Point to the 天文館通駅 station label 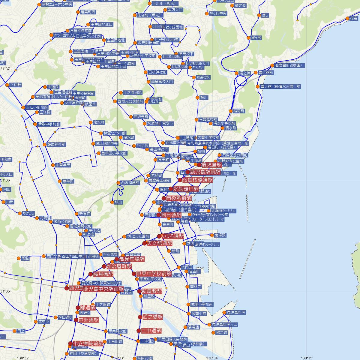[160, 243]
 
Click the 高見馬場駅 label [132, 259]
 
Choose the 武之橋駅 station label [153, 317]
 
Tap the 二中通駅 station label [151, 331]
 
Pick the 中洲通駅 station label [89, 320]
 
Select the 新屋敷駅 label [152, 291]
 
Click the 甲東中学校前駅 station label [154, 274]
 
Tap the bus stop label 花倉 [354, 18]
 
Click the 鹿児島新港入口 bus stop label [225, 324]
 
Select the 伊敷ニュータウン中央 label [57, 4]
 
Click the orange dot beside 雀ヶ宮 [248, 38]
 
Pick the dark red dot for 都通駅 [78, 307]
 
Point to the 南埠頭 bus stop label [220, 235]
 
